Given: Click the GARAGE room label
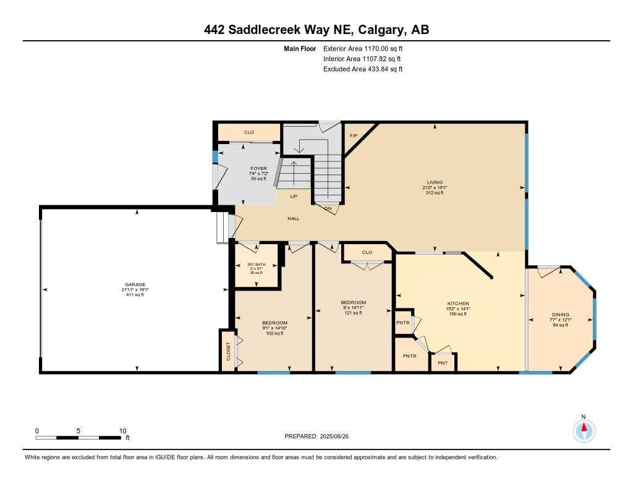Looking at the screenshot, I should tap(134, 285).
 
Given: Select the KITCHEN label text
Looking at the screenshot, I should tap(458, 304).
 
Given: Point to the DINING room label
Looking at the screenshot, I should tap(561, 314).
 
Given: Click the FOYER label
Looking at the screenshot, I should tap(258, 169).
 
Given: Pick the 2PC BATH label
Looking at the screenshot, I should tap(256, 265).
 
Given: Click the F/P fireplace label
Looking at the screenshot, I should tap(354, 135).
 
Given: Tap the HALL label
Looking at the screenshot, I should tap(293, 219).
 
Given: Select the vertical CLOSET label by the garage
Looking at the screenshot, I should tap(227, 351).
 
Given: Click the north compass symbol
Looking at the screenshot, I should tap(584, 429).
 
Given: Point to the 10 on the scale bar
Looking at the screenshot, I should tap(122, 431).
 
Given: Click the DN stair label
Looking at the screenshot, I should tap(329, 208).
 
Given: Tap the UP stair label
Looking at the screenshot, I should tap(294, 197).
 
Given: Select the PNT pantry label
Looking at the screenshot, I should tap(443, 363).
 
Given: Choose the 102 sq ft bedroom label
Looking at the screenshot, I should tap(274, 323).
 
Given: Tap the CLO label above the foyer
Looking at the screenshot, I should tap(249, 132).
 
